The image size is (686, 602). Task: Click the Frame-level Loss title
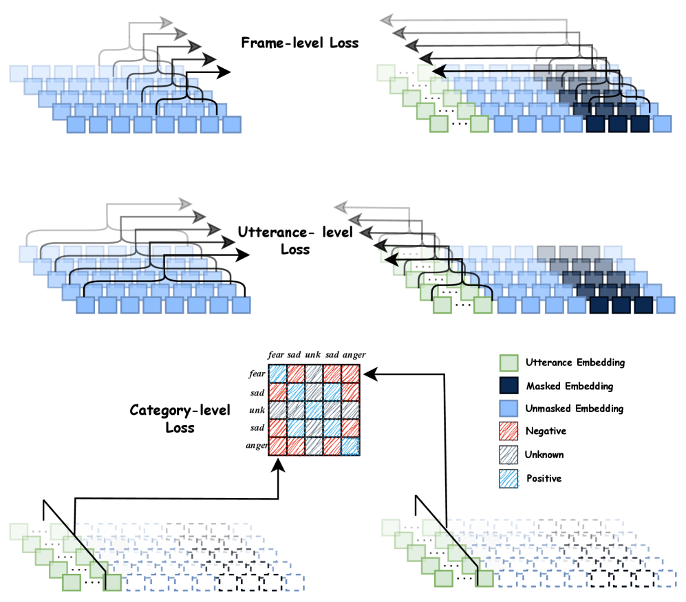click(300, 43)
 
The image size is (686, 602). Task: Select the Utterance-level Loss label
click(295, 240)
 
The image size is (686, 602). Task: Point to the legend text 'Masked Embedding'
click(568, 386)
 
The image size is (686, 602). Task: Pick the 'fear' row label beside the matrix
click(258, 374)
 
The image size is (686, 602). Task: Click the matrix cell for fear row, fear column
click(278, 374)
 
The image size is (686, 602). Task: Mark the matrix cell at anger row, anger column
click(351, 446)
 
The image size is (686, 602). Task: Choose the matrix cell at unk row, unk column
click(314, 409)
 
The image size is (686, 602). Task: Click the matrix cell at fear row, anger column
click(351, 374)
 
